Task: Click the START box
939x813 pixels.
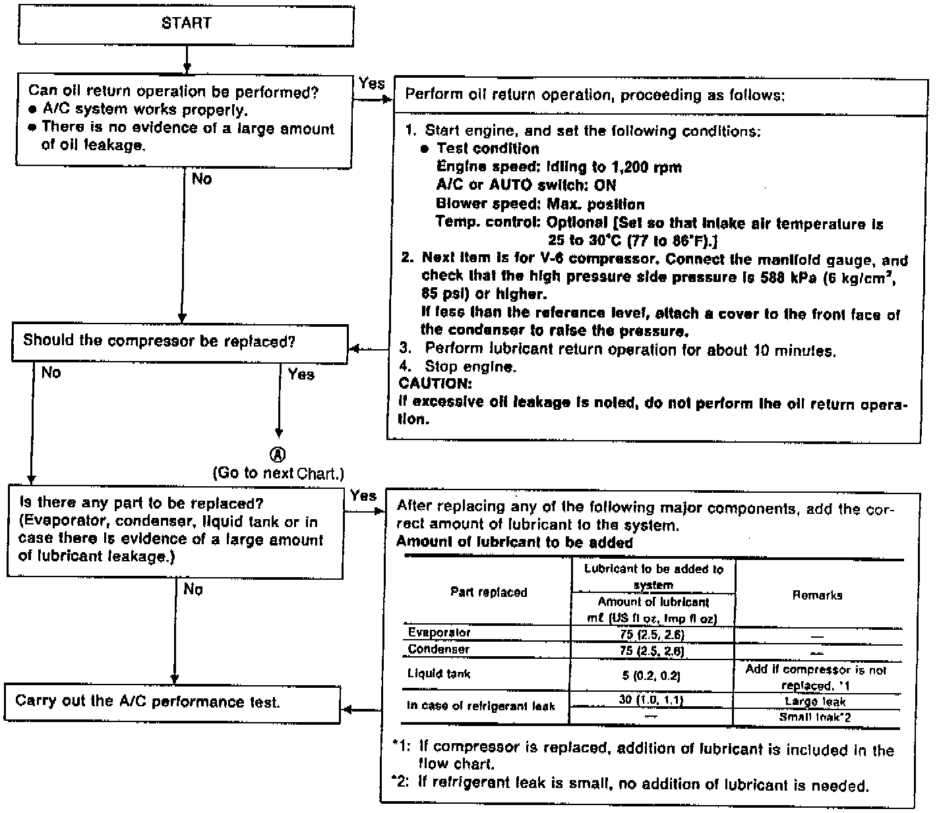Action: point(186,24)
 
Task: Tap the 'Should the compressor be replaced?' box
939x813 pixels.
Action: point(179,342)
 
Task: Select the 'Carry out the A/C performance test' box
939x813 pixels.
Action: point(173,703)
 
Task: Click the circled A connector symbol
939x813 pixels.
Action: point(279,455)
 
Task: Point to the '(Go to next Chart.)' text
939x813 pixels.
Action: point(278,473)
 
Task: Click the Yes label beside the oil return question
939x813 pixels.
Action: point(372,84)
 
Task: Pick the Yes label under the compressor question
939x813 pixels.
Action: point(301,375)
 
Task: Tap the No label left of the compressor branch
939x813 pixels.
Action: point(51,373)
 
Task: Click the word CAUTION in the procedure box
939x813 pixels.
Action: point(435,383)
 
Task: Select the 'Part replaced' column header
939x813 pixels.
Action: point(489,592)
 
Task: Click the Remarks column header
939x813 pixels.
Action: point(817,595)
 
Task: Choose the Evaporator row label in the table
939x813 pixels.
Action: point(439,632)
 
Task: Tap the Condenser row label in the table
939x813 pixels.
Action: point(439,649)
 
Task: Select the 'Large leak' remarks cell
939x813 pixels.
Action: point(815,702)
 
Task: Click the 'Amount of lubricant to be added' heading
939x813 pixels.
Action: point(514,543)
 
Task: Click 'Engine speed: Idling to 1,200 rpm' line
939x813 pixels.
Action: point(559,167)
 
